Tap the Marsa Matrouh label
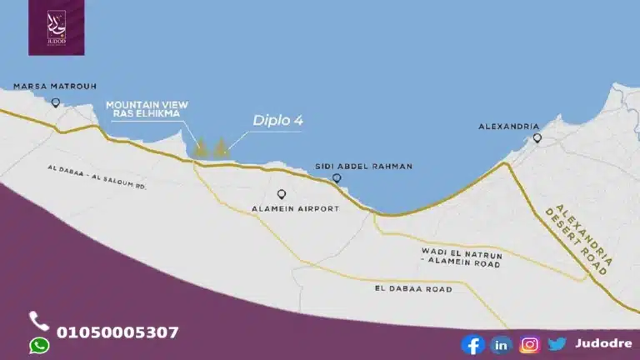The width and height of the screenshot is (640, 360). point(55,86)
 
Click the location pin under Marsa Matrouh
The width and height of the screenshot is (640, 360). point(56,103)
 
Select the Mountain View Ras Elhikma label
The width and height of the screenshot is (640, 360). point(147,107)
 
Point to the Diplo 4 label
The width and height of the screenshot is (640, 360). point(277,121)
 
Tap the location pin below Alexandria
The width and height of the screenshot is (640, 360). point(537,138)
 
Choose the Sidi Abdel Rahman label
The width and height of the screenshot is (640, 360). point(364,166)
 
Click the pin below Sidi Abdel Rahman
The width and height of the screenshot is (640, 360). point(337,178)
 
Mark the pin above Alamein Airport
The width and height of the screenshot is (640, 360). point(282,194)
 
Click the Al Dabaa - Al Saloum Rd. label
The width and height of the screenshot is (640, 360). point(97,177)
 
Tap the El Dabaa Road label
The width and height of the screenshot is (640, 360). point(413,288)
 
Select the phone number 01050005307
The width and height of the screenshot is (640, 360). point(117,332)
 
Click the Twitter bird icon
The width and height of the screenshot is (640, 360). point(557,343)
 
